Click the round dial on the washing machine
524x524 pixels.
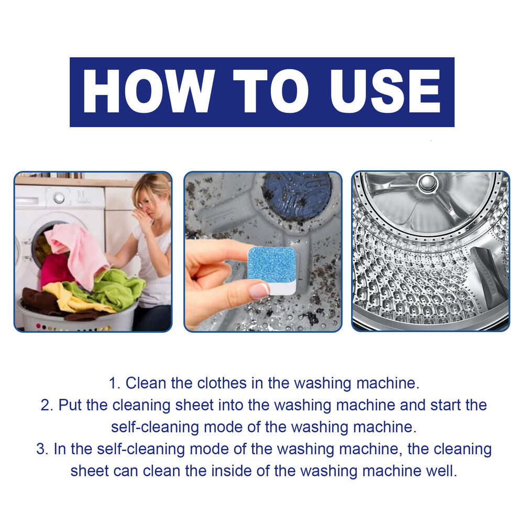click(59, 198)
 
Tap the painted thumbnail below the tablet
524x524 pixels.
click(259, 290)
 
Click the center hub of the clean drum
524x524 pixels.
click(427, 183)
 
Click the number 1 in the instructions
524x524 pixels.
click(112, 383)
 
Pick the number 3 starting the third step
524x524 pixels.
click(41, 449)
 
